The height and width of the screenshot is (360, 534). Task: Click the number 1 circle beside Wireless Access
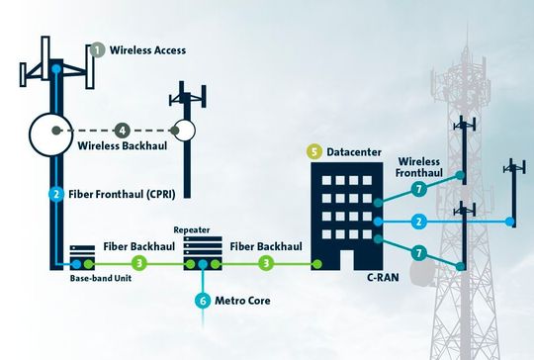pos(97,49)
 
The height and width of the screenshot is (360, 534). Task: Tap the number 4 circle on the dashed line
pos(122,130)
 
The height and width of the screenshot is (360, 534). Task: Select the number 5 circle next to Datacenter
pos(314,151)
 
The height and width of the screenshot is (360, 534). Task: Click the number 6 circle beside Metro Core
pos(203,300)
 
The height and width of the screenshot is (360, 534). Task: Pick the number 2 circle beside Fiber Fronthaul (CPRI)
pos(57,193)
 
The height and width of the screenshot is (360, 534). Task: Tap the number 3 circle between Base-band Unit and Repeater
pos(139,264)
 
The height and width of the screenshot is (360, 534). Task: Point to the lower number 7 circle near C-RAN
pos(418,253)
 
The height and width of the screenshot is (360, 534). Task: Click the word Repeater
pos(192,227)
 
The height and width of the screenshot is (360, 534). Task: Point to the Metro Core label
pos(245,300)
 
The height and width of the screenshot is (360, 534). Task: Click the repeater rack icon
pos(201,251)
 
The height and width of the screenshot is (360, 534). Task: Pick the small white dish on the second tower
pos(183,130)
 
